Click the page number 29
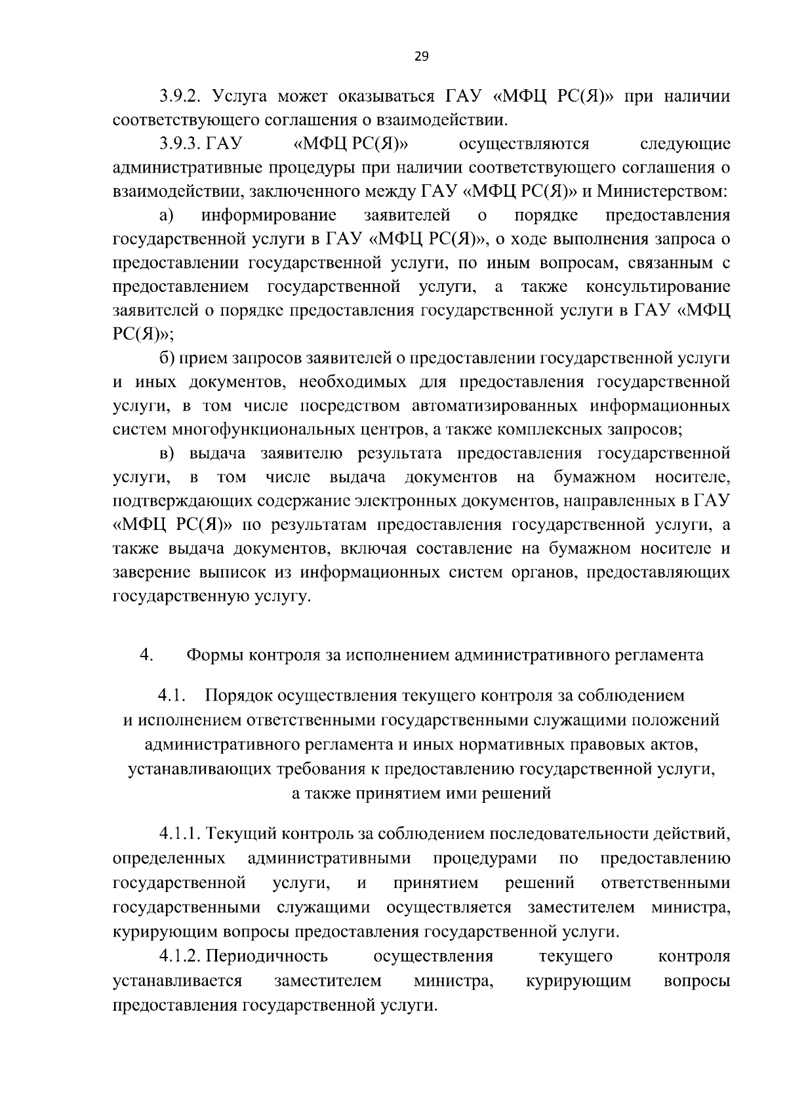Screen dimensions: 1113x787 pyautogui.click(x=421, y=56)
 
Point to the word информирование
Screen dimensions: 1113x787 pyautogui.click(x=270, y=215)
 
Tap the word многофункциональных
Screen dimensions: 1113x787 pyautogui.click(x=263, y=430)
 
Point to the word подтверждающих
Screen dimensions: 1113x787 pyautogui.click(x=172, y=501)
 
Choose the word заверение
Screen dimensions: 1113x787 pyautogui.click(x=153, y=572)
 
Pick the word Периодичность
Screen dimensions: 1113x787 pyautogui.click(x=267, y=957)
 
